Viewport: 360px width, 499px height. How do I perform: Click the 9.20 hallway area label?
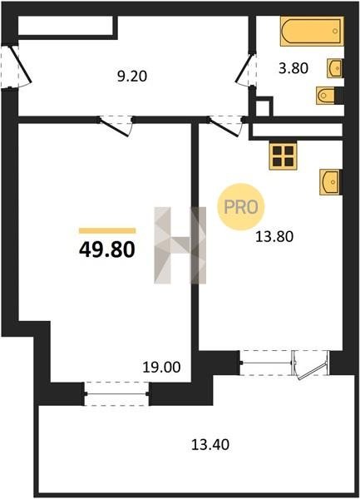pos(132,77)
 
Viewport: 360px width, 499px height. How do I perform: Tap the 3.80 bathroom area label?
pos(293,68)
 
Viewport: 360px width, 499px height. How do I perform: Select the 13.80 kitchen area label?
pos(274,237)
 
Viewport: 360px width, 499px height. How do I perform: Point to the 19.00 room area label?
pos(161,368)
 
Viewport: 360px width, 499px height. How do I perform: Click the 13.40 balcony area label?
pos(210,445)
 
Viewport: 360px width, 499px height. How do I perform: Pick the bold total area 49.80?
pos(107,249)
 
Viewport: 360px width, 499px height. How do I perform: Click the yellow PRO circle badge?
pos(241,207)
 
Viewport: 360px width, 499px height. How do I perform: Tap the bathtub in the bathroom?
pos(312,31)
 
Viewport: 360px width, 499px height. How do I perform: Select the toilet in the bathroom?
pos(326,95)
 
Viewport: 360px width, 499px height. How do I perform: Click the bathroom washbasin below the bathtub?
pos(334,68)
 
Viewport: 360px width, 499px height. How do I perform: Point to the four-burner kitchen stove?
pos(283,156)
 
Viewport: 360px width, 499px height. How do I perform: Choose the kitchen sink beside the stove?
pos(330,182)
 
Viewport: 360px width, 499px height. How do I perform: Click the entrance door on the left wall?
pos(17,67)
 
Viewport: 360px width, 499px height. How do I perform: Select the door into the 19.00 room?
pos(116,126)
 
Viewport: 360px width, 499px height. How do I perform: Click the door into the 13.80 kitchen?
pos(226,126)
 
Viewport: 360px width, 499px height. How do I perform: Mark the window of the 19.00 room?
pos(116,394)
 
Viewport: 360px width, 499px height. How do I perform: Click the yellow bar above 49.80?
pos(107,230)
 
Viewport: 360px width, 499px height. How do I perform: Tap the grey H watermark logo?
pos(180,245)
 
